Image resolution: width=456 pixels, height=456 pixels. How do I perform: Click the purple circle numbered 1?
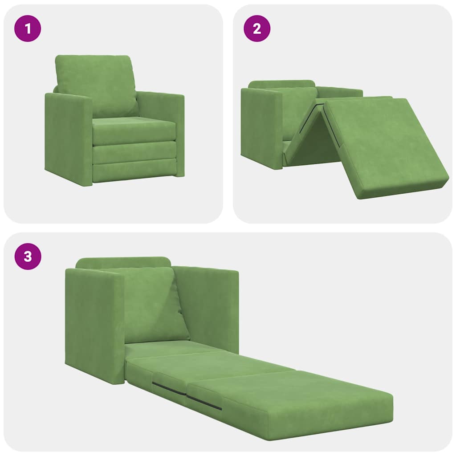tap(28, 29)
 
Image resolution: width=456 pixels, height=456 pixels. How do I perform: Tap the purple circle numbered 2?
tap(257, 29)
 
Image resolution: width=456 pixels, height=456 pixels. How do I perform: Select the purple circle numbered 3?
tap(28, 257)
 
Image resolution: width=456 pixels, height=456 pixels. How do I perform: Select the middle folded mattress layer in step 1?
tap(134, 153)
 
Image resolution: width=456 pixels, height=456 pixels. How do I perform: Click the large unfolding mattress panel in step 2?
tap(383, 147)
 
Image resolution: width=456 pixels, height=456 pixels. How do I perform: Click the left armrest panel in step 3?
tap(94, 325)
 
